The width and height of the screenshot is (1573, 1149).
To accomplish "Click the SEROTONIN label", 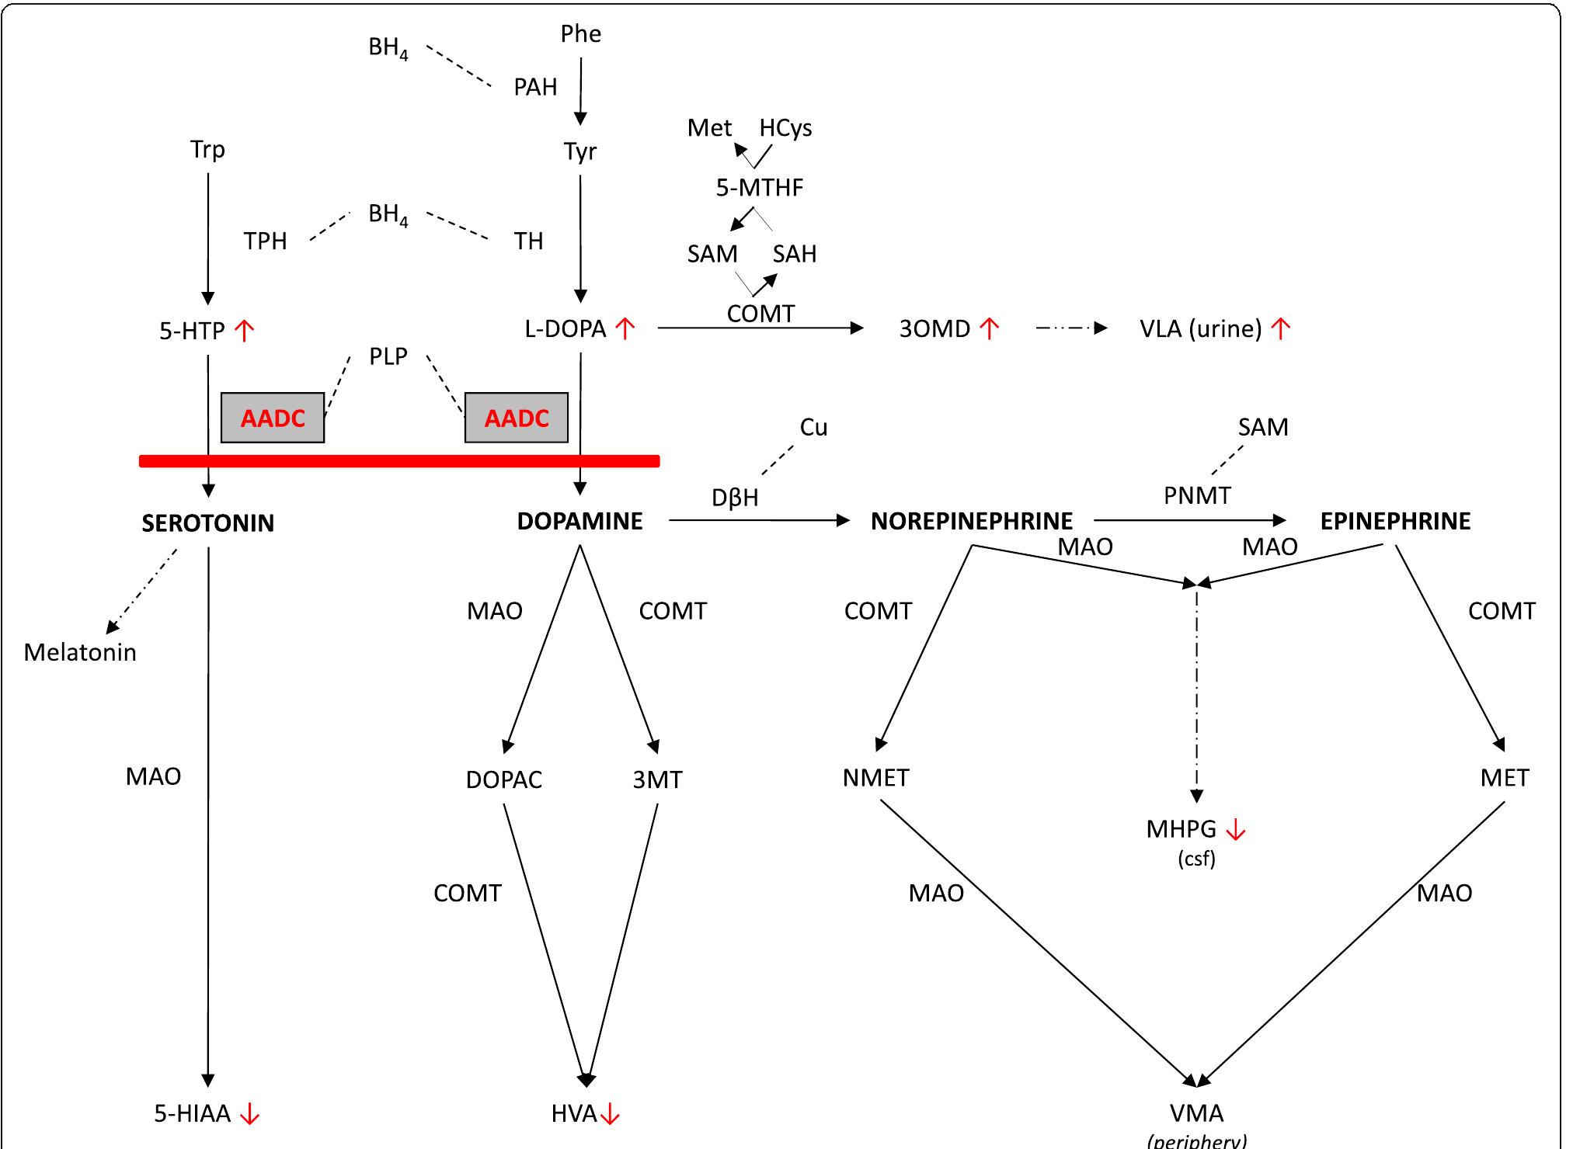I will pyautogui.click(x=207, y=523).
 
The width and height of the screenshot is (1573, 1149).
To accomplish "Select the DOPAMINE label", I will pyautogui.click(x=579, y=521).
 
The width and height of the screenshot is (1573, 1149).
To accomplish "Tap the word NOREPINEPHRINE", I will pyautogui.click(x=971, y=521).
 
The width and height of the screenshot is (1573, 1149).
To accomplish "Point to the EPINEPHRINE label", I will pyautogui.click(x=1395, y=521).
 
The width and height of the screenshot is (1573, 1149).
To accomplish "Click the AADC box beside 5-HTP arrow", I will pyautogui.click(x=273, y=418).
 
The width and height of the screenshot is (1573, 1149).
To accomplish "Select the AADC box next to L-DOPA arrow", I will pyautogui.click(x=517, y=418).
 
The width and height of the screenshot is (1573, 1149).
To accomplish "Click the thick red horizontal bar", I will pyautogui.click(x=399, y=461).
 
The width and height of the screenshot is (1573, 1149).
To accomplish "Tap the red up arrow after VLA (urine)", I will pyautogui.click(x=1280, y=328).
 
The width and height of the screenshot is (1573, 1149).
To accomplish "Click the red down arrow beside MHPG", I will pyautogui.click(x=1235, y=830).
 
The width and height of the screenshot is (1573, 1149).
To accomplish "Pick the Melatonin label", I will pyautogui.click(x=80, y=652).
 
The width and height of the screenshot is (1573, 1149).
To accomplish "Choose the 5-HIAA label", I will pyautogui.click(x=193, y=1114).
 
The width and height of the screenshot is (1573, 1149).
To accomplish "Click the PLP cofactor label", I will pyautogui.click(x=388, y=356).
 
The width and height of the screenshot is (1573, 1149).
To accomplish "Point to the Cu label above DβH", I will pyautogui.click(x=813, y=427).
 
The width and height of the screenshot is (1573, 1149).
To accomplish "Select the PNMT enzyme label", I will pyautogui.click(x=1196, y=495).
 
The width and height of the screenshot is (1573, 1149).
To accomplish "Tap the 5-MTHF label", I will pyautogui.click(x=759, y=188).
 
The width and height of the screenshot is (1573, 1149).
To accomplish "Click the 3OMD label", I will pyautogui.click(x=934, y=329).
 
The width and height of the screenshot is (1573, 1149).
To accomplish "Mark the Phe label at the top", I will pyautogui.click(x=581, y=33).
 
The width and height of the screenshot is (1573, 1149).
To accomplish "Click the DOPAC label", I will pyautogui.click(x=503, y=779).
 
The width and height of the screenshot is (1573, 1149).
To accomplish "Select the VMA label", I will pyautogui.click(x=1196, y=1113).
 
